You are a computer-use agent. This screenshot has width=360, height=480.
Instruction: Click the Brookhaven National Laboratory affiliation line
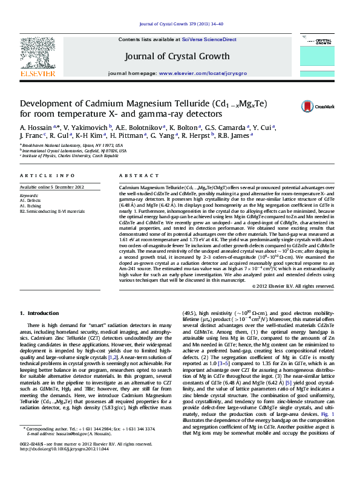click(70, 146)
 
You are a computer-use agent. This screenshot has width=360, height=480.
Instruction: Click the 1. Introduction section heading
click(39, 313)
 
